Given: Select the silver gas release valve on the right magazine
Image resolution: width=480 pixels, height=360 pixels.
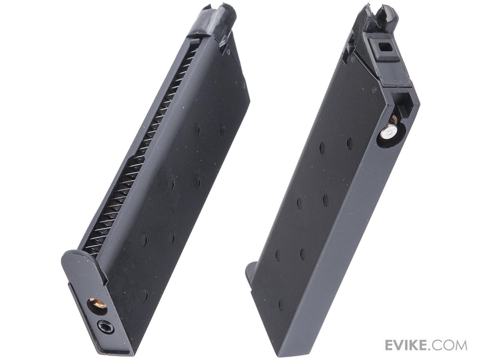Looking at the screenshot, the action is pos(389,133).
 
